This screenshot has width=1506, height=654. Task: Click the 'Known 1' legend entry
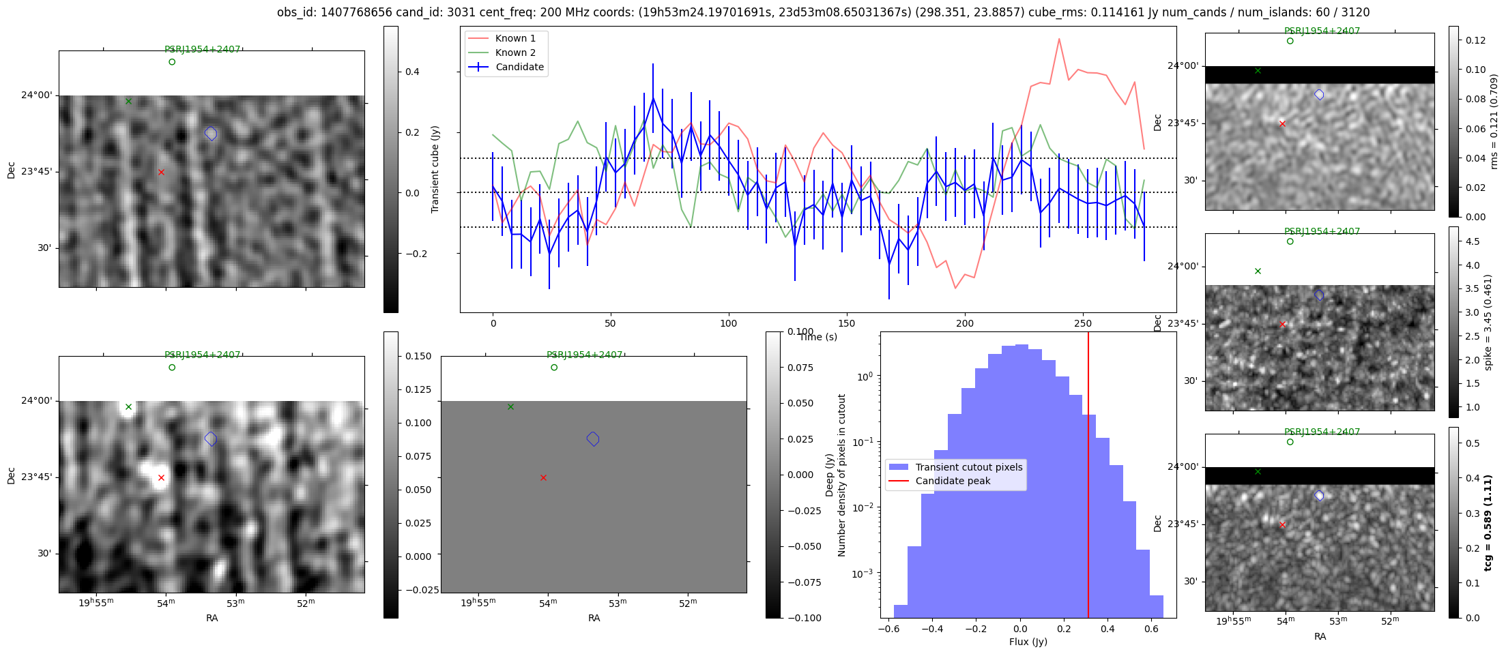coord(515,38)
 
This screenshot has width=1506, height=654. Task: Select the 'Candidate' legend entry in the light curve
coord(519,67)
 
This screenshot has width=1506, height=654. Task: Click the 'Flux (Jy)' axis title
coord(1028,642)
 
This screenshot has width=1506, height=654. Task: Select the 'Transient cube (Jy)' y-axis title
coord(435,169)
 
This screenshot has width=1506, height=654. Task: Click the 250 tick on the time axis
coord(1082,323)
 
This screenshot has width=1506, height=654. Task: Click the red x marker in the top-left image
coord(161,173)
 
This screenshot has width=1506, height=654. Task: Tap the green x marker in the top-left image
coord(128,102)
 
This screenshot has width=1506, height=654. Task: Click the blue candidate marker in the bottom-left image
coord(211,439)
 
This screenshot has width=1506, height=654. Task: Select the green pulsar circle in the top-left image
coord(172,62)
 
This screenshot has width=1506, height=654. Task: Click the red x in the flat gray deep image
coord(543,478)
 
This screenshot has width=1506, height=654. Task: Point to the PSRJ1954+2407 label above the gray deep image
coord(584,355)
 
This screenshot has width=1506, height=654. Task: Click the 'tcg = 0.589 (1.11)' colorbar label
coord(1488,522)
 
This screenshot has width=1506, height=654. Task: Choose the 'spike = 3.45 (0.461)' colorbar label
coord(1488,322)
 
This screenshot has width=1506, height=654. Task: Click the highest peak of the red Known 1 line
coord(1059,39)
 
